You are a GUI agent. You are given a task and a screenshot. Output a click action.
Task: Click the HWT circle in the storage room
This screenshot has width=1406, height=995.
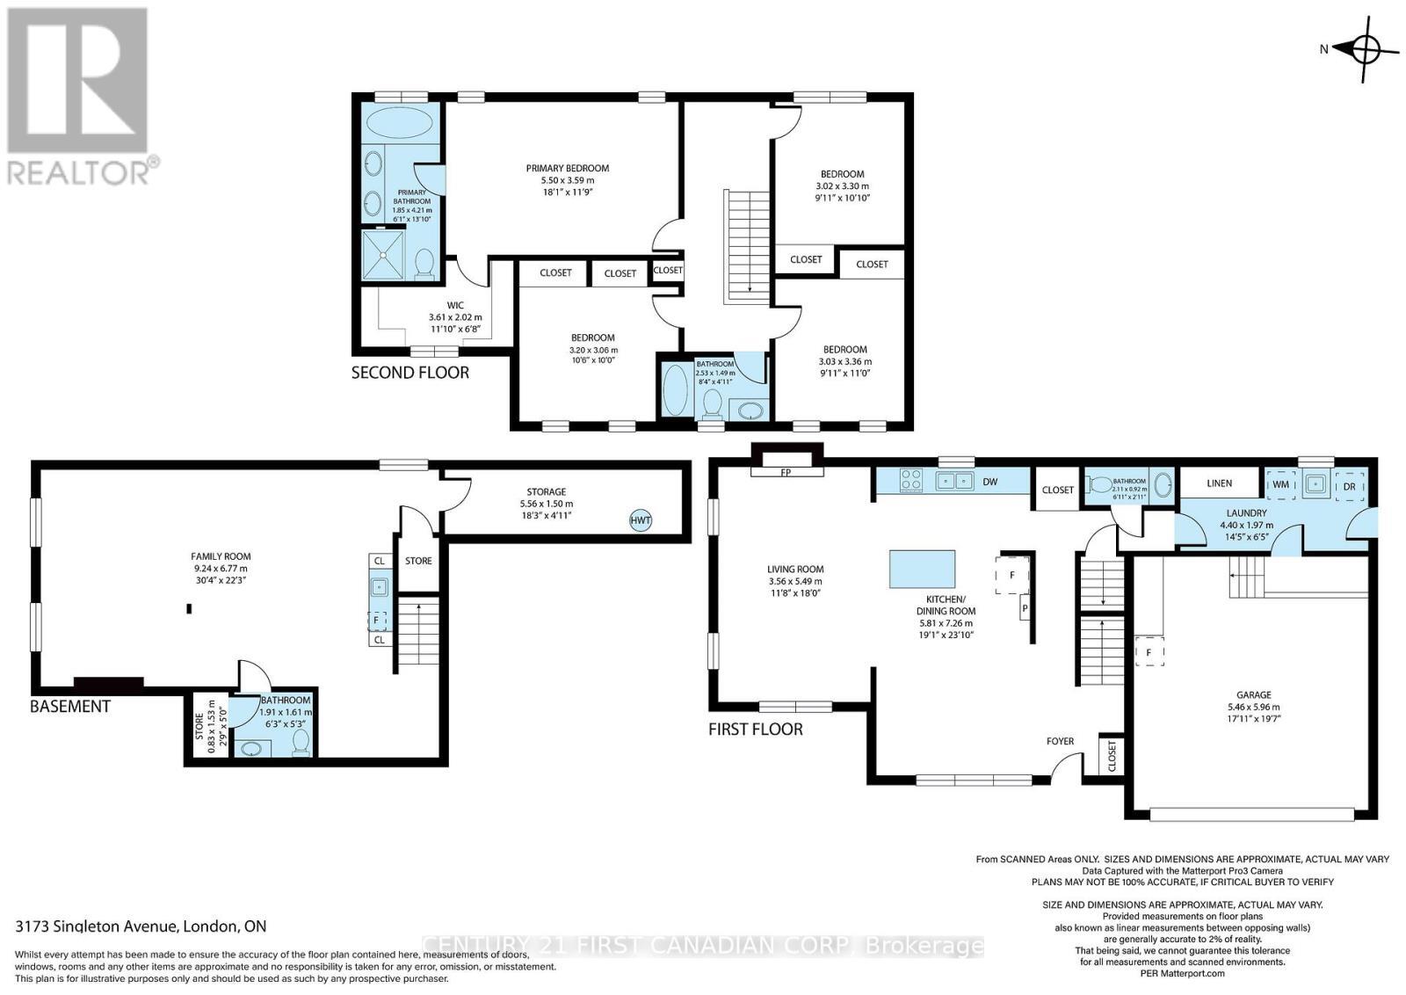point(641,520)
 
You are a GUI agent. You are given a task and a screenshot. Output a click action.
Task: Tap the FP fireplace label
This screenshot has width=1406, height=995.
point(786,471)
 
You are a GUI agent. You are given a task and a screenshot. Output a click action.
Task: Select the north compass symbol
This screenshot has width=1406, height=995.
point(1364,49)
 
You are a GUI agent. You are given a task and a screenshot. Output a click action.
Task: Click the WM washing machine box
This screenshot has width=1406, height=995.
point(1280,484)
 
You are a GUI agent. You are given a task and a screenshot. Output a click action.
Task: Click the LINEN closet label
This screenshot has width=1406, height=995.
point(1219,483)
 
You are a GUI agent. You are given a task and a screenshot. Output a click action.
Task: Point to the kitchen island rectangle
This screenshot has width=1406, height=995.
point(922,569)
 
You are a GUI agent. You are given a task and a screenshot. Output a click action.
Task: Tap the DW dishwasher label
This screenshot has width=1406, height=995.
point(989,482)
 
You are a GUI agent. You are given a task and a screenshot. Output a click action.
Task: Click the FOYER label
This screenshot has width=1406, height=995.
point(1060,741)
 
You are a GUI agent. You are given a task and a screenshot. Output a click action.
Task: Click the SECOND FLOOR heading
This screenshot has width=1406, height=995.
point(409,373)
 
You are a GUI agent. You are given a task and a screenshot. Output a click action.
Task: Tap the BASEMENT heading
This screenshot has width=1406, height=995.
point(70,707)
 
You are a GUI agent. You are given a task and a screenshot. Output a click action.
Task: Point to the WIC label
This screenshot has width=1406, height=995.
point(454,306)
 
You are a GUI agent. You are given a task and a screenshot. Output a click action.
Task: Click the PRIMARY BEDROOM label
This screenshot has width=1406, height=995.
point(567,168)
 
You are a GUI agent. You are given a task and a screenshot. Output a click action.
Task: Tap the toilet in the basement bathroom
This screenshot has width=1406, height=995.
point(301,744)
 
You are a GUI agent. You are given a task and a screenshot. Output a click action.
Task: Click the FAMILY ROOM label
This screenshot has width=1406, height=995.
point(221,556)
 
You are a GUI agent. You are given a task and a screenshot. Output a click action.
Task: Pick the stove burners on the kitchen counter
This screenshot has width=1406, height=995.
point(910,481)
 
